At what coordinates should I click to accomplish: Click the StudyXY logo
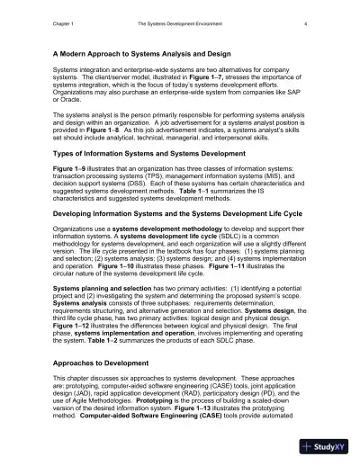(331, 445)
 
